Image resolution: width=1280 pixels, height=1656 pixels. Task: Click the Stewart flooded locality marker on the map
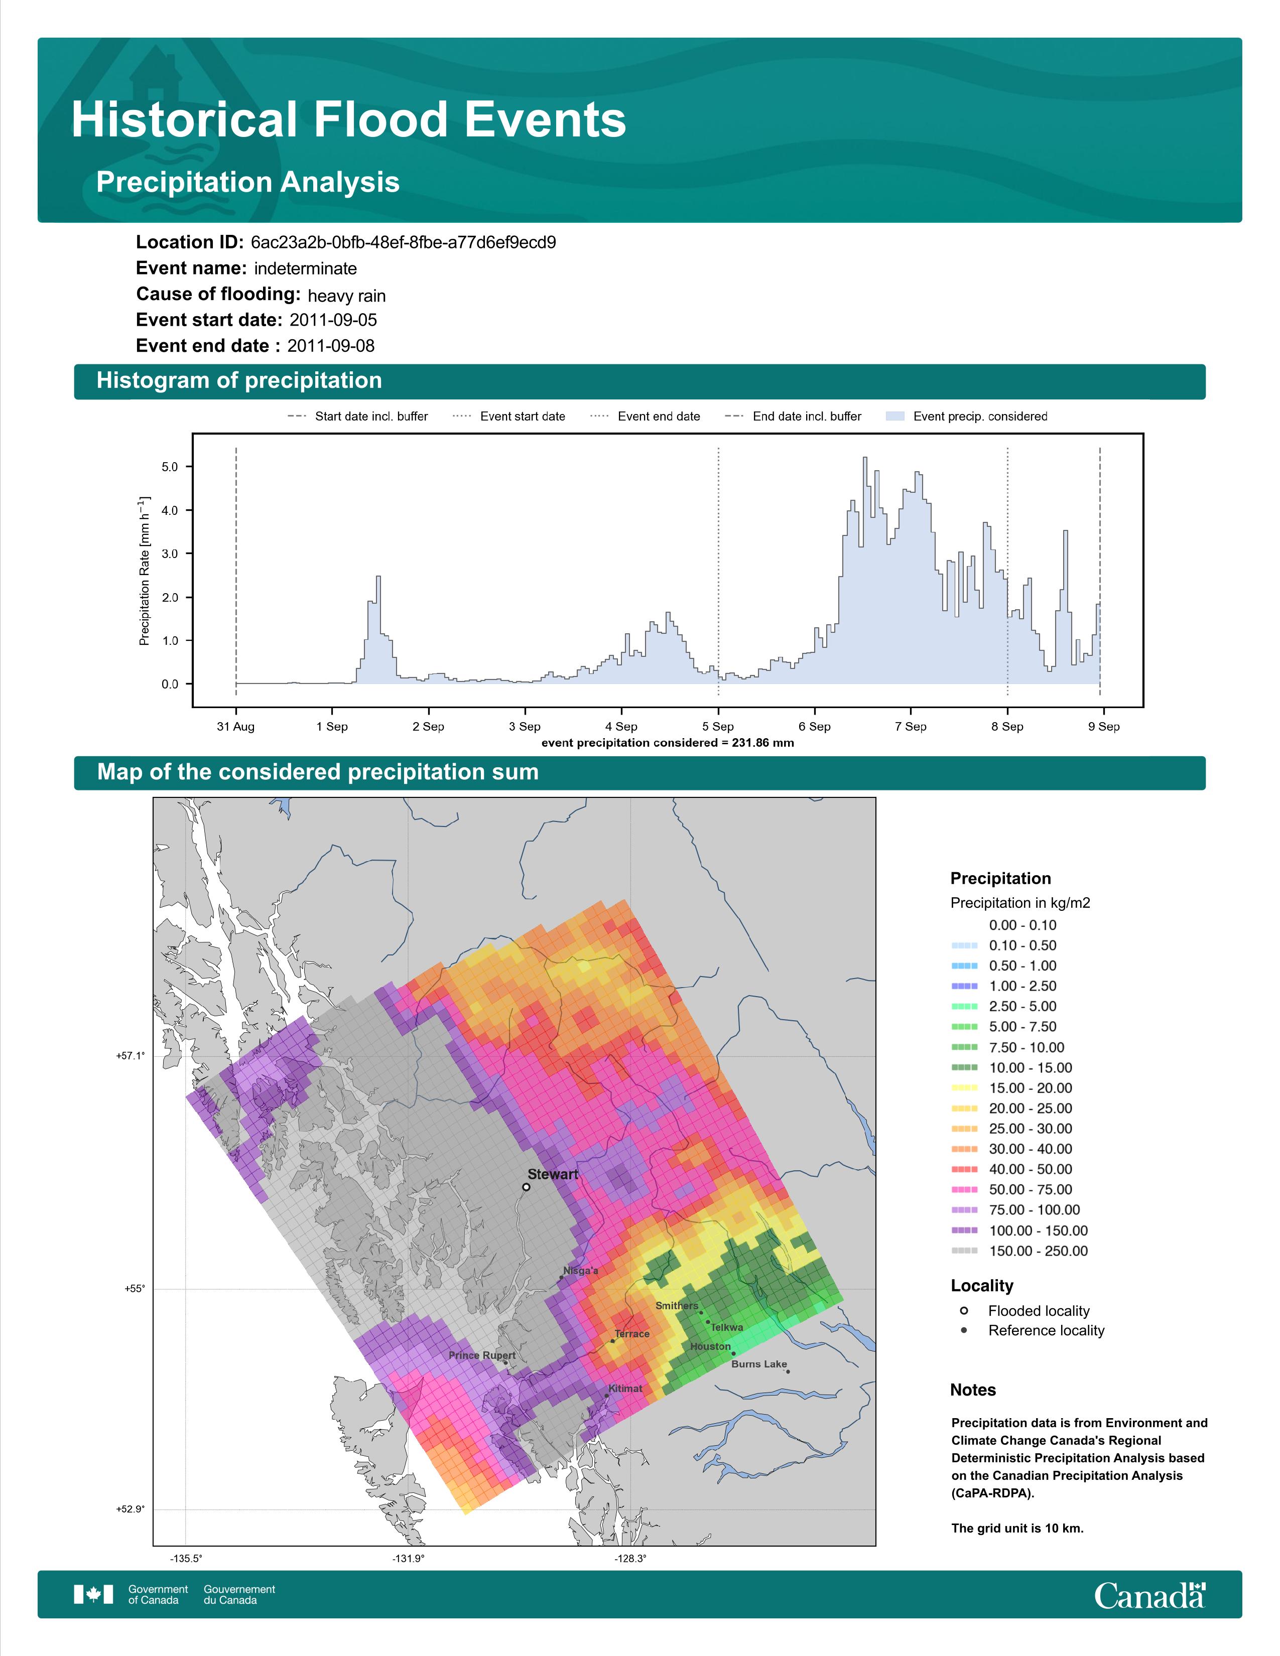(526, 1187)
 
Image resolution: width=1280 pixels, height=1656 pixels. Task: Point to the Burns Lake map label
(758, 1364)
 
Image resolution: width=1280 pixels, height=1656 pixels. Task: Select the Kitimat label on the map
(625, 1389)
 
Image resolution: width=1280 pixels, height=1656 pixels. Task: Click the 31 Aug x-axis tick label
(236, 727)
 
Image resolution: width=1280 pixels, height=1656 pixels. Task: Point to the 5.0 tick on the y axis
(170, 467)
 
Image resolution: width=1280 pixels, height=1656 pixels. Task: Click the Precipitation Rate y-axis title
(144, 571)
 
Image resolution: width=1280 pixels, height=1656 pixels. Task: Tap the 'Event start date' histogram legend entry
(509, 417)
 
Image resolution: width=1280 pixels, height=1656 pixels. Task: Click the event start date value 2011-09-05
(333, 320)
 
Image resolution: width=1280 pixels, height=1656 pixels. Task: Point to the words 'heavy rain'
(346, 296)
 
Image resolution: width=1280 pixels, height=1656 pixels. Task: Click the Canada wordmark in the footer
(1149, 1595)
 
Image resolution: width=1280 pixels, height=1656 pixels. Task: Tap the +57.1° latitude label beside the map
(131, 1055)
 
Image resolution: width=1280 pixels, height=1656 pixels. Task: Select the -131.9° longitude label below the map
(408, 1559)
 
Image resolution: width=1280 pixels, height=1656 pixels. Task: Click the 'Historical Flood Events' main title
(349, 120)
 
